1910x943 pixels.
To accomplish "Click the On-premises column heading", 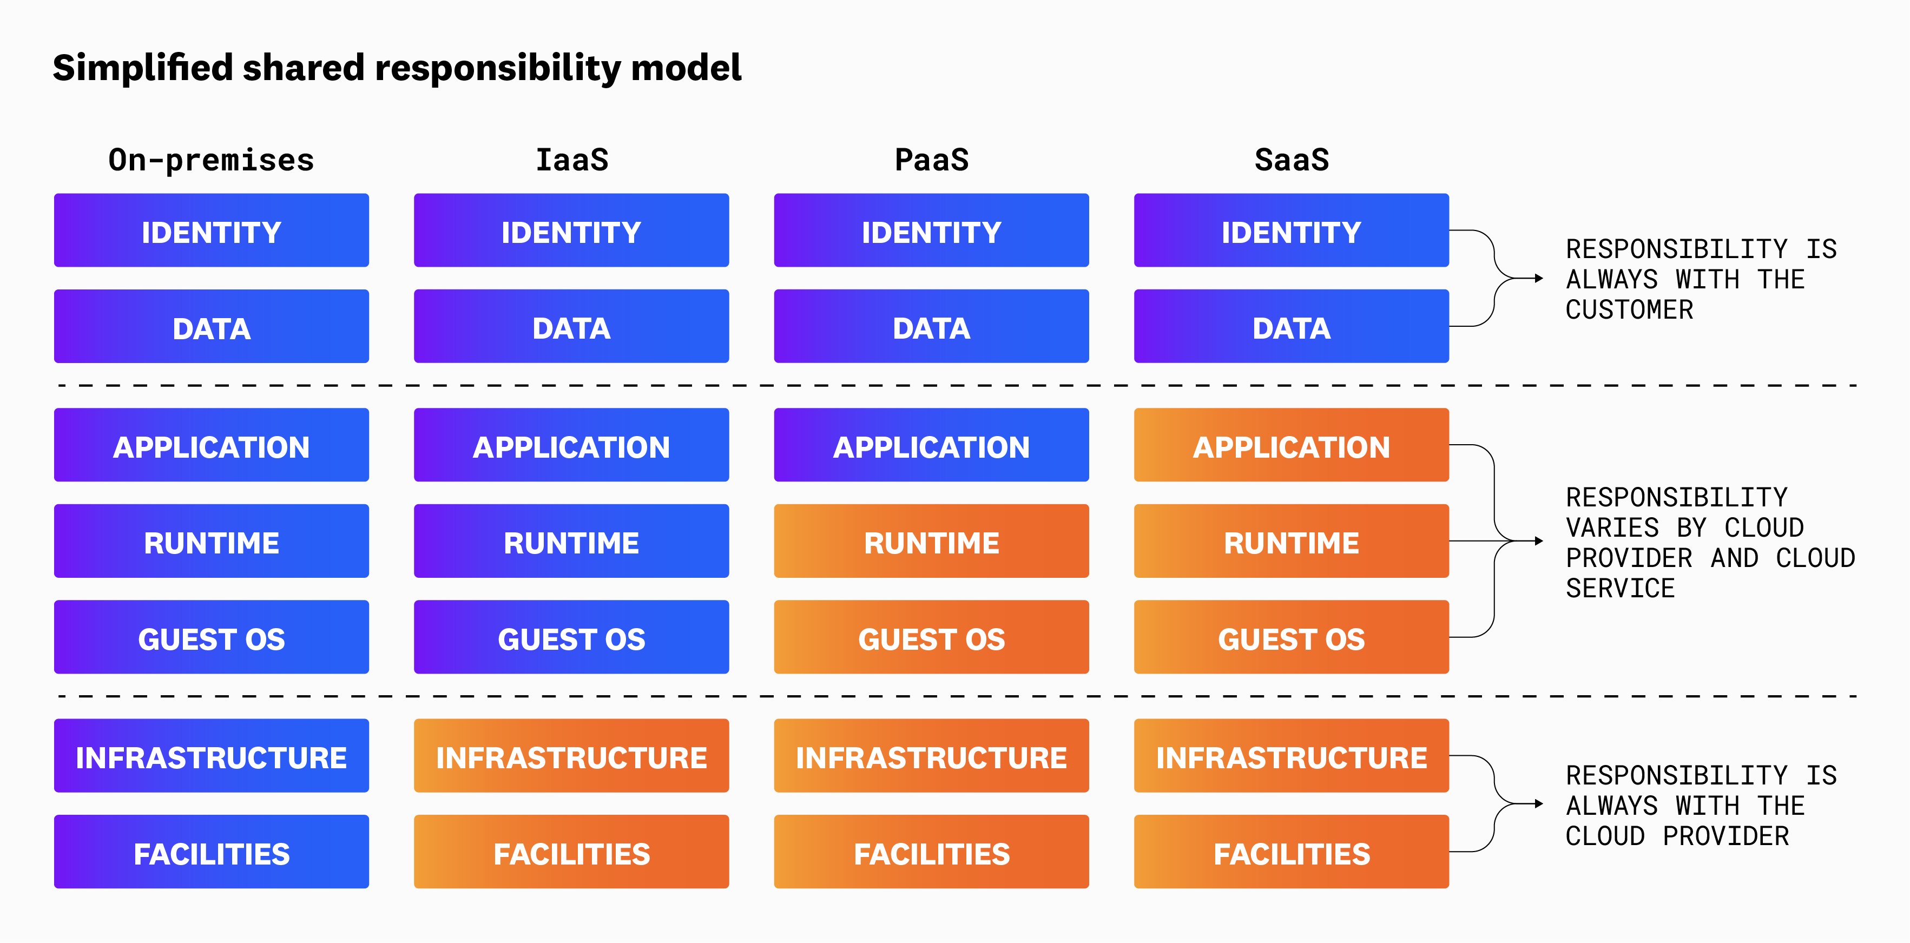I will coord(212,160).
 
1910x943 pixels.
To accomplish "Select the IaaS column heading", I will coord(572,160).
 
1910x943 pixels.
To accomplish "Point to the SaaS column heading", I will coord(1292,160).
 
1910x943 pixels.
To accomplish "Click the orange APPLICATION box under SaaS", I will coord(1291,446).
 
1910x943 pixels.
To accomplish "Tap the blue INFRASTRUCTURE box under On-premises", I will coord(212,756).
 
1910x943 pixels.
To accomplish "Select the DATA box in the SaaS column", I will coord(1291,327).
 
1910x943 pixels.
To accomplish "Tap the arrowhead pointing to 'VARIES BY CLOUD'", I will coord(1539,541).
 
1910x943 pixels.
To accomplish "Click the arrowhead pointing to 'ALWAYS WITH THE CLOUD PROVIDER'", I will coord(1539,803).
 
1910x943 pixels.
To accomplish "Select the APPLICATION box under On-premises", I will coord(212,446).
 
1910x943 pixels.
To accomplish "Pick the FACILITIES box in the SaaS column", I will coord(1291,853).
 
